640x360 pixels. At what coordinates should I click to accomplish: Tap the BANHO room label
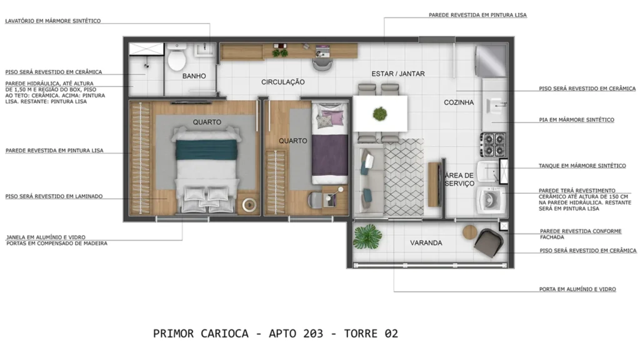[x=194, y=76]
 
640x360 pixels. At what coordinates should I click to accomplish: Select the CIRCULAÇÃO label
[x=282, y=82]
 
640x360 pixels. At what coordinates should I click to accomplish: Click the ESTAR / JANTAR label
[x=398, y=74]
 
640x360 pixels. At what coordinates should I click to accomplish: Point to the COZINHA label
[x=459, y=102]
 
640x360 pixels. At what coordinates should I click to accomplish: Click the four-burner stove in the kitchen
[x=492, y=144]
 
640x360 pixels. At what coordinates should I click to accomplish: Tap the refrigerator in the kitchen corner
[x=491, y=61]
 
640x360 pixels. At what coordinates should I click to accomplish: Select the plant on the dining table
[x=379, y=114]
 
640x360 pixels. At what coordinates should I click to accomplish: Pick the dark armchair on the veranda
[x=488, y=242]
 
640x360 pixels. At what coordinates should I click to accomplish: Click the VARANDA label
[x=426, y=242]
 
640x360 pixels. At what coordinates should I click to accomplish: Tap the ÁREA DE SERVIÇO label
[x=459, y=180]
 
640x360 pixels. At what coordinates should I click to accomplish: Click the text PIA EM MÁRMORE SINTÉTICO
[x=576, y=119]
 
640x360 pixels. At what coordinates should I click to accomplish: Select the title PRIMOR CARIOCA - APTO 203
[x=275, y=334]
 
